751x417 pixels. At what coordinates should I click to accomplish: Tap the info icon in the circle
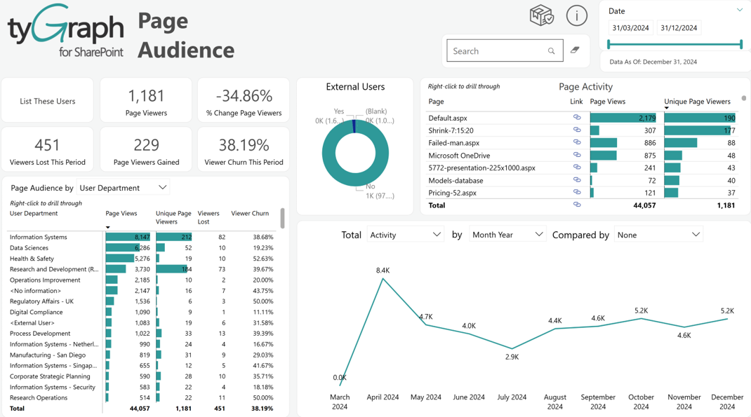click(x=577, y=16)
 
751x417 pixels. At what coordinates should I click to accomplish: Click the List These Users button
click(x=48, y=101)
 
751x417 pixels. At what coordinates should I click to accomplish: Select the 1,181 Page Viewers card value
click(x=146, y=95)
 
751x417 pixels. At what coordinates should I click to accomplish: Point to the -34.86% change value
click(x=244, y=95)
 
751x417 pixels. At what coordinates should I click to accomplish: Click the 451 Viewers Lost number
click(x=47, y=145)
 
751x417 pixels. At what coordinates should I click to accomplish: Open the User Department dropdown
click(x=123, y=187)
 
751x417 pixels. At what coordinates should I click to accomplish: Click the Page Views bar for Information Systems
click(x=128, y=237)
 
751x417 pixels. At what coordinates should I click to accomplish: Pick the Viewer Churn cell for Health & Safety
click(x=263, y=258)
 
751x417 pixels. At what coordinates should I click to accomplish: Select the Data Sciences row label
click(x=29, y=247)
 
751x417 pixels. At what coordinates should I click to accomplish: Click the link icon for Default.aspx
click(x=577, y=117)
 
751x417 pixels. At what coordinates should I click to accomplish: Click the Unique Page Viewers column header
click(x=697, y=102)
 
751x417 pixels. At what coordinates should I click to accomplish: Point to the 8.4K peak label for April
click(x=383, y=271)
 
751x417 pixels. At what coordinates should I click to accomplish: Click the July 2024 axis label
click(x=512, y=397)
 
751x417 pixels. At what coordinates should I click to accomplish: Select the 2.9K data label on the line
click(x=512, y=357)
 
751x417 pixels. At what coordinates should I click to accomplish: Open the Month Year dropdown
click(x=507, y=234)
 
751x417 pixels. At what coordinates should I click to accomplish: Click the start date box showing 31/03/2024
click(x=630, y=28)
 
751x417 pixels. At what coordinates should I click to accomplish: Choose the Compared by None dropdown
click(x=658, y=234)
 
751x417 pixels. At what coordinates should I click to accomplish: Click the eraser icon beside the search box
click(x=575, y=50)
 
